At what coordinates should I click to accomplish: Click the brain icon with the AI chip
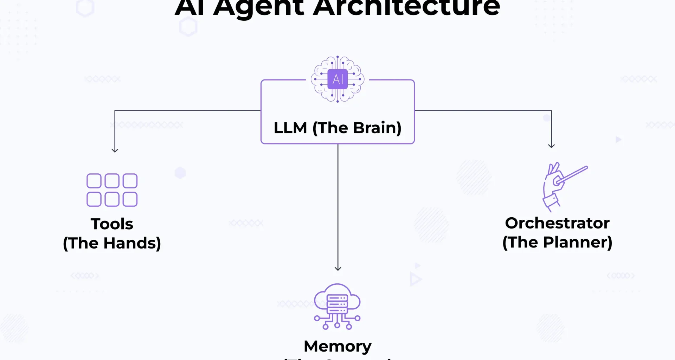[x=337, y=79]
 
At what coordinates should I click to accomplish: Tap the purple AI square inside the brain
[x=337, y=79]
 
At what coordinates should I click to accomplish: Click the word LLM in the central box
[x=290, y=128]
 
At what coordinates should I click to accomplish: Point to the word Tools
[x=112, y=224]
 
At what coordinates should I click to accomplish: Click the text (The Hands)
[x=112, y=243]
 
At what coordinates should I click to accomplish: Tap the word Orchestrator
[x=557, y=223]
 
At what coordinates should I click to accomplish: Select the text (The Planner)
[x=557, y=243]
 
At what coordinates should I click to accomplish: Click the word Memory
[x=337, y=347]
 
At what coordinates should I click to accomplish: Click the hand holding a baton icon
[x=561, y=186]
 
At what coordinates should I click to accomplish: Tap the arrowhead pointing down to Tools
[x=115, y=150]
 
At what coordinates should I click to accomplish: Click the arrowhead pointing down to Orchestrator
[x=551, y=146]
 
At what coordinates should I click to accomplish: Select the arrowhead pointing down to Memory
[x=338, y=268]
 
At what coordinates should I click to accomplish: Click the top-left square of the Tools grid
[x=94, y=181]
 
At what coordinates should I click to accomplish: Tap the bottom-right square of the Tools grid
[x=130, y=199]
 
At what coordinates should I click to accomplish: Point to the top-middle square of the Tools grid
[x=112, y=181]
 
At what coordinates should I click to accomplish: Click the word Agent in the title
[x=258, y=7]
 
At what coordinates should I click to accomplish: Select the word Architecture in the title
[x=406, y=7]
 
